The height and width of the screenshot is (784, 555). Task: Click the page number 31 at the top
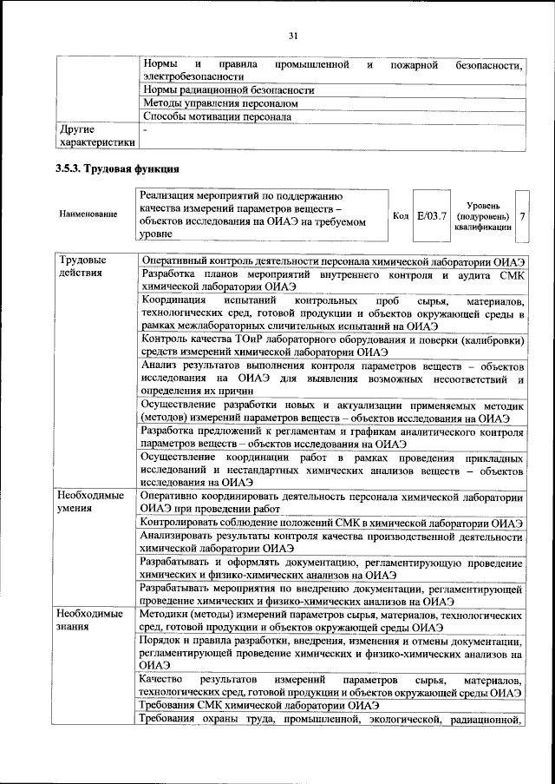[x=293, y=36]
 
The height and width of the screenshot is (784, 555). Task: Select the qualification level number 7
[x=522, y=214]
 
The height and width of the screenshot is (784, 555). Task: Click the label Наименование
[x=88, y=214]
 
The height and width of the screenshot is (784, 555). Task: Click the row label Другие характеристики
[x=95, y=135]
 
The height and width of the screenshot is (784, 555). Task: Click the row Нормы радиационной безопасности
[x=228, y=89]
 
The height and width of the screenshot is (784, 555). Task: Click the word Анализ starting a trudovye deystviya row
[x=162, y=366]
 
